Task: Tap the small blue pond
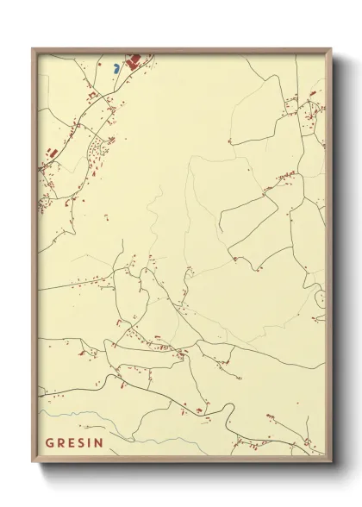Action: pyautogui.click(x=116, y=66)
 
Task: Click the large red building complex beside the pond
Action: pyautogui.click(x=134, y=61)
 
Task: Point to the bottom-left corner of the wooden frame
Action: pyautogui.click(x=33, y=458)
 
